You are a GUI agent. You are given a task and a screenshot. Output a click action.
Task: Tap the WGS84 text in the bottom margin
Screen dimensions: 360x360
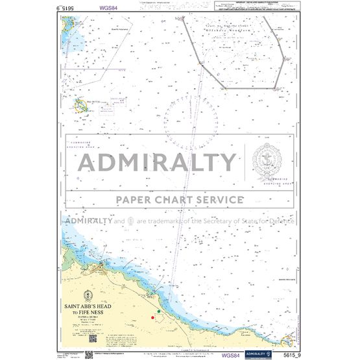pyautogui.click(x=230, y=355)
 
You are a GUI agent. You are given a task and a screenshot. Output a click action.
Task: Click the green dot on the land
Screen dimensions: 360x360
pyautogui.click(x=159, y=313)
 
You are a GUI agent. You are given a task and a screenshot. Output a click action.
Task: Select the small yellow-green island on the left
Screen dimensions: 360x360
pyautogui.click(x=82, y=104)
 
